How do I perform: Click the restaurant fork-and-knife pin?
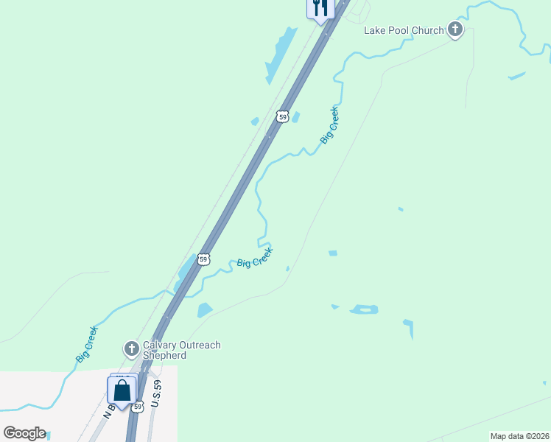320,8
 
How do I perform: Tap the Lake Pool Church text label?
404,30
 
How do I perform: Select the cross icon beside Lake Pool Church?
455,30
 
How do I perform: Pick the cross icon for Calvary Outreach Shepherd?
131,348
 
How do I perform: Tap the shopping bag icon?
122,390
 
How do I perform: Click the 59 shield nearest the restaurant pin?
282,116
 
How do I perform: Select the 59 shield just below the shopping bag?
138,407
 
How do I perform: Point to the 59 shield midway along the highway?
204,259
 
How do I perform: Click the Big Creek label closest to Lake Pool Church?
329,125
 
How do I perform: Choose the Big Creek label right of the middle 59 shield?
255,258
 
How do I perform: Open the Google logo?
24,433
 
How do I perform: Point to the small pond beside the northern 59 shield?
295,116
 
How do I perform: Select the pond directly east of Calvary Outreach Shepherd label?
204,310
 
